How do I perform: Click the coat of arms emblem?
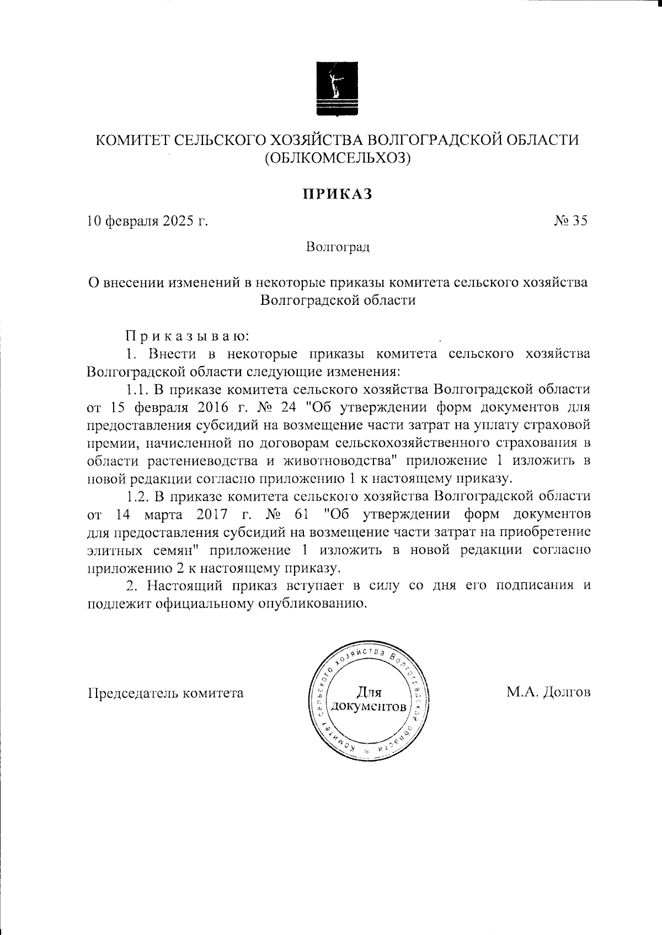[337, 88]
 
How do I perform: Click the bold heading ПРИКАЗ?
[337, 194]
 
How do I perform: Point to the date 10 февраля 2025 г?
[148, 221]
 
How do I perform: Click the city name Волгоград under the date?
[338, 246]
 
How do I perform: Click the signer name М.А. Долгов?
[548, 692]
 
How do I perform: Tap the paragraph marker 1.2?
[138, 496]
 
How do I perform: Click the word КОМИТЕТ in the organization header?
[128, 139]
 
